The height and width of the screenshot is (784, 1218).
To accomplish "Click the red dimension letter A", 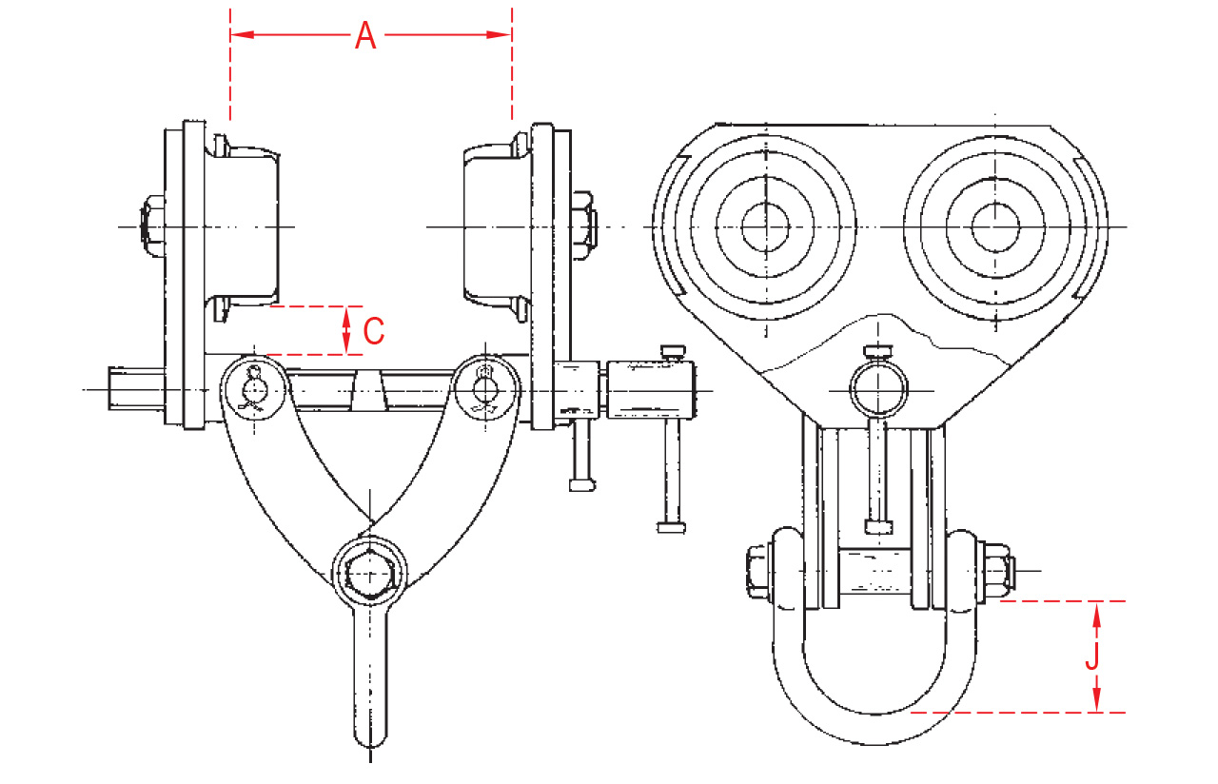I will pyautogui.click(x=366, y=36).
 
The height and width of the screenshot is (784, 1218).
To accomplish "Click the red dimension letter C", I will pyautogui.click(x=374, y=331).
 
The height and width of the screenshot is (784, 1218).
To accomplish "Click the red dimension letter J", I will pyautogui.click(x=1094, y=657).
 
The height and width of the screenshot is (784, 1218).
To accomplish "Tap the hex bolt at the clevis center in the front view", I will pyautogui.click(x=370, y=574).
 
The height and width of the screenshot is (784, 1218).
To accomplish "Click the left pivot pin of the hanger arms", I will pyautogui.click(x=255, y=388).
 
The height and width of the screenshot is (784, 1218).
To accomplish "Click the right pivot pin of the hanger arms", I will pyautogui.click(x=487, y=388).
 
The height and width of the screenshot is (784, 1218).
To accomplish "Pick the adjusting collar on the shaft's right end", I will pyautogui.click(x=653, y=390).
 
